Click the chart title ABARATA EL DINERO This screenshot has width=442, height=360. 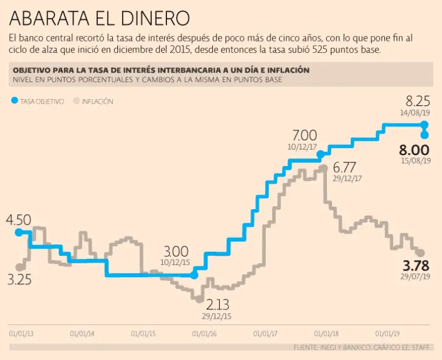point(99,18)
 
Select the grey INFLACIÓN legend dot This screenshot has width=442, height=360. point(75,101)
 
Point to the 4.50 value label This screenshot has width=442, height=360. point(18,220)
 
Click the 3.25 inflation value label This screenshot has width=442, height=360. point(19,280)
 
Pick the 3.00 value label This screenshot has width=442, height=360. point(176,252)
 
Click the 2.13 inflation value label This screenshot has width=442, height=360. point(217,304)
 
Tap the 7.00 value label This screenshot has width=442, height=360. point(304,135)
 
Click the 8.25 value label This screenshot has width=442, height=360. point(418,101)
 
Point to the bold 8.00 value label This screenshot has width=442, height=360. point(414,150)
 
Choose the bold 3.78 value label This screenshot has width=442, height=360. point(416,266)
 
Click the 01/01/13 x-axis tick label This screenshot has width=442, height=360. point(21,333)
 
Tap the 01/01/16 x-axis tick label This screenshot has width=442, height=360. point(204,333)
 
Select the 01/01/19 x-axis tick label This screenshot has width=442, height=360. point(388,333)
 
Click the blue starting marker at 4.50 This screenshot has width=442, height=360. point(18,232)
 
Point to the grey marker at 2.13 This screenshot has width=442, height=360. point(199,299)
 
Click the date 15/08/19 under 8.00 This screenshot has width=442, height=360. point(416,161)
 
